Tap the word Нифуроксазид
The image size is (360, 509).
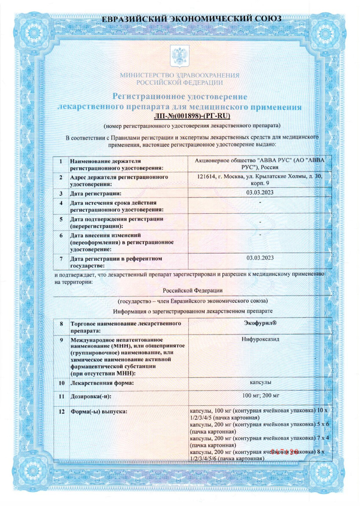(260, 340)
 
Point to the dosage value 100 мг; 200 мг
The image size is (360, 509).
(260, 396)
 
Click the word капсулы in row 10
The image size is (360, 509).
(260, 383)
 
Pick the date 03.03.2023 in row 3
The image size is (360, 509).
(260, 193)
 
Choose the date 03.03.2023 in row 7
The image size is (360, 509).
(260, 257)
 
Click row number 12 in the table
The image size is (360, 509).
(61, 411)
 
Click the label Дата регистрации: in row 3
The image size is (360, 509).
(93, 194)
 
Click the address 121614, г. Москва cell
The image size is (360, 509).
(260, 180)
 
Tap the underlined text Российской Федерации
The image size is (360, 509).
(193, 290)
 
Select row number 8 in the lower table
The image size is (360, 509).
(61, 324)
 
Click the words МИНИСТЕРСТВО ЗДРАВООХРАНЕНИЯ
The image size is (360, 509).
(179, 75)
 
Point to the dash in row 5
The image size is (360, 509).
(260, 222)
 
